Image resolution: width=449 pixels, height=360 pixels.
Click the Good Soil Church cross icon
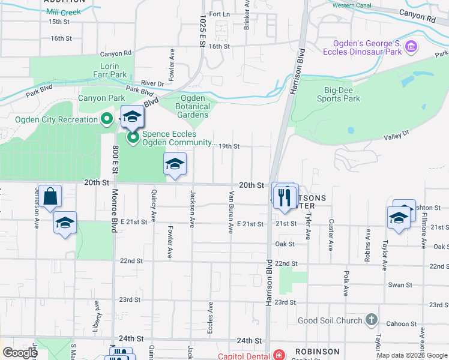pos(372,319)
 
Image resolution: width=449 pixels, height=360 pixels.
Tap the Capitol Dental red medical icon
pos(278,354)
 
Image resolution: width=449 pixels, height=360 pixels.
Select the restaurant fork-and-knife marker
pos(285,197)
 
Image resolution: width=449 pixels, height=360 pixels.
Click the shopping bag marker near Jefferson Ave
pos(50,196)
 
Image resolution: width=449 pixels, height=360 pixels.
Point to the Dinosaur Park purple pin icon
pos(411,47)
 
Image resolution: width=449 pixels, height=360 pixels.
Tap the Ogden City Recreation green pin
pos(107,119)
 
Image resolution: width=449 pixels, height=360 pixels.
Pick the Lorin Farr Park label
pos(114,70)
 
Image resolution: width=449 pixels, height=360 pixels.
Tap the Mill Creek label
pos(63,12)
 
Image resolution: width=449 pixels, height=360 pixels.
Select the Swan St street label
pos(400,285)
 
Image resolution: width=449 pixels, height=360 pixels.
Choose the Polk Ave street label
pos(346,283)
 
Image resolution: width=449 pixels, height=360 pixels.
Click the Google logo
pos(20,353)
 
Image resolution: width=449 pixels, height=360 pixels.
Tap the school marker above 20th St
pos(175,164)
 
